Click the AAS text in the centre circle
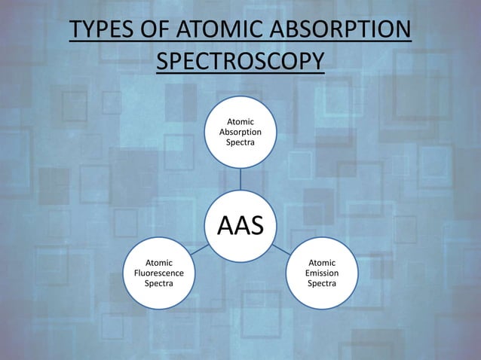tap(240, 224)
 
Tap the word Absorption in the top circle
tap(240, 132)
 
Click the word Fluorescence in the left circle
tap(159, 273)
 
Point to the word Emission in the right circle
tap(323, 273)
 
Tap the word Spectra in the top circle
tap(240, 142)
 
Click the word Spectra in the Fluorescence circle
tap(159, 284)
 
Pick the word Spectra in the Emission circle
tap(323, 284)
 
